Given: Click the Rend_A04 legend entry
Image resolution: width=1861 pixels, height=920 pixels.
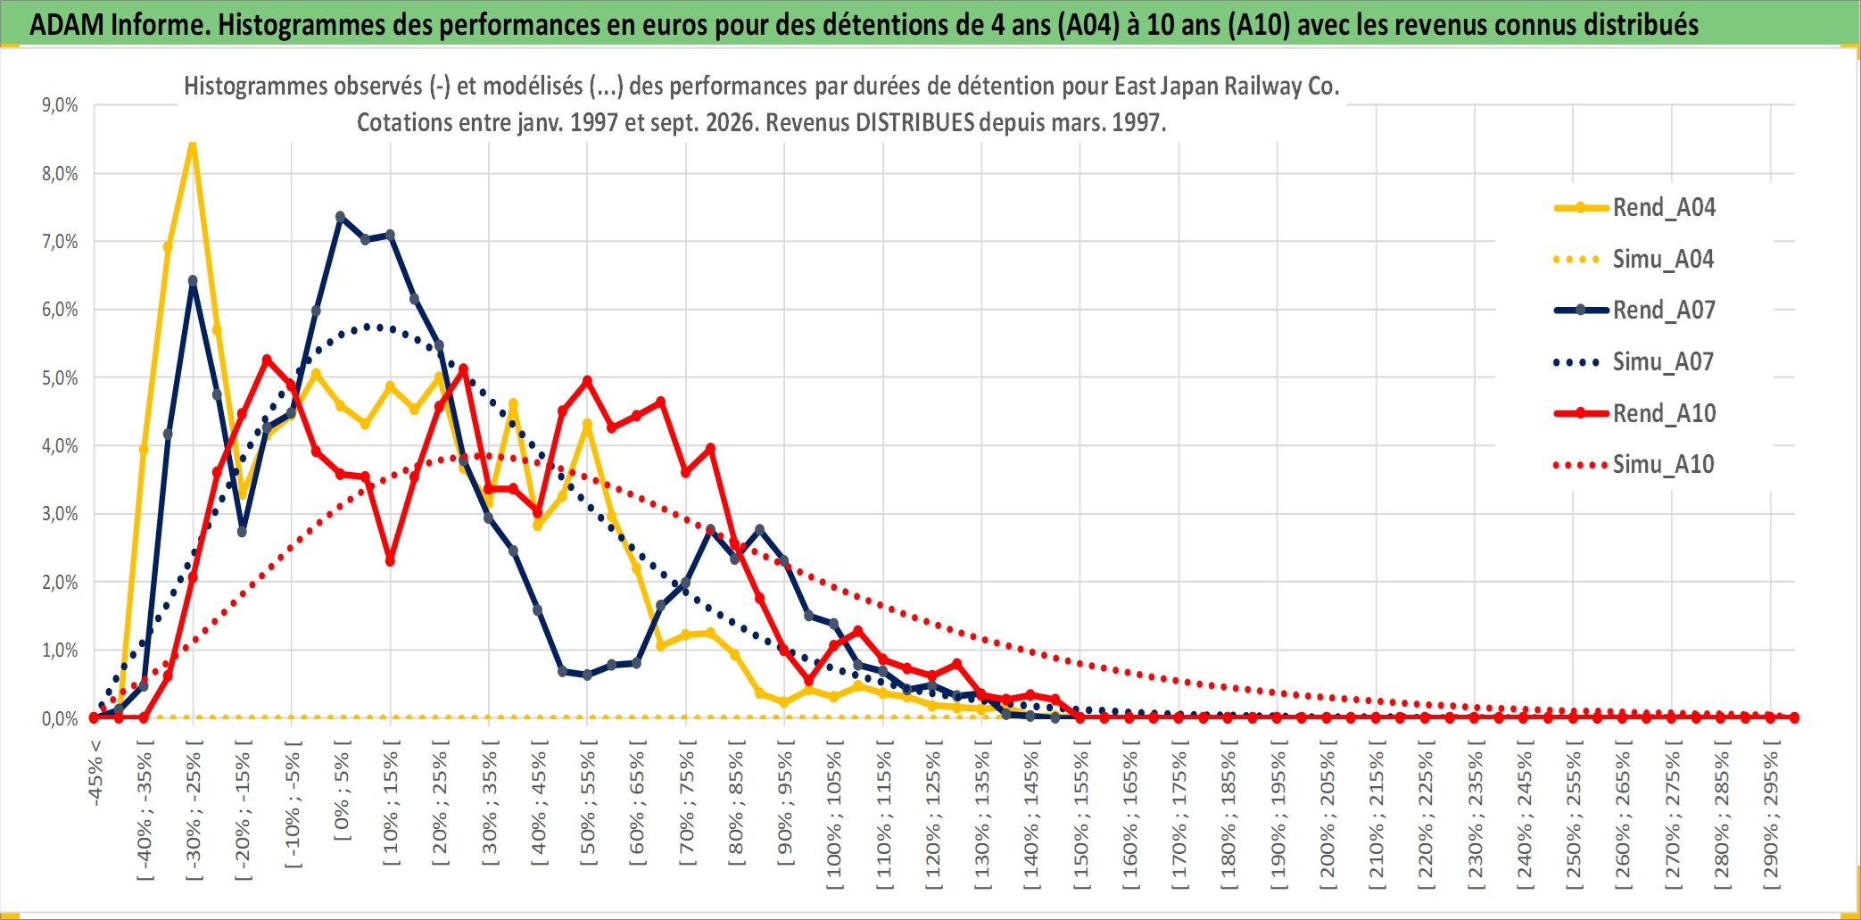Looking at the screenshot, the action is [x=1634, y=208].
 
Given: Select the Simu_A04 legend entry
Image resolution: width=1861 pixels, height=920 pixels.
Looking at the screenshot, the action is [x=1634, y=260].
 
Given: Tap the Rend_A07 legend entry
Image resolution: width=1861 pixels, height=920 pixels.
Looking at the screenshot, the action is [x=1634, y=311].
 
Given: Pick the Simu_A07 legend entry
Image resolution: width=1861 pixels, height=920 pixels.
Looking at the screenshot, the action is [x=1634, y=362].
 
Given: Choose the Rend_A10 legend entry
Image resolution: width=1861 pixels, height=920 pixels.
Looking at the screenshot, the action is [x=1634, y=413].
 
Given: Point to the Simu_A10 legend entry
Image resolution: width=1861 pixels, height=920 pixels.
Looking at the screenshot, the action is [x=1634, y=465].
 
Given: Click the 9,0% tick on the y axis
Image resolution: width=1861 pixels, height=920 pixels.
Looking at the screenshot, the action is [x=60, y=105].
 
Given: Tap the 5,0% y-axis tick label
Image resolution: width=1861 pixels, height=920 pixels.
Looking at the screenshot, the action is [x=60, y=378].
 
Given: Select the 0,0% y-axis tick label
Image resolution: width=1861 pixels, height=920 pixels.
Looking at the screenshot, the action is [x=60, y=719].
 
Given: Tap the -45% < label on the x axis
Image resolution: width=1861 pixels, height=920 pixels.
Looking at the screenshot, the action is [x=95, y=773].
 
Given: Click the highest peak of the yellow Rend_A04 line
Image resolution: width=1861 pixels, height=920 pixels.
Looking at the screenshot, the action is [x=193, y=143].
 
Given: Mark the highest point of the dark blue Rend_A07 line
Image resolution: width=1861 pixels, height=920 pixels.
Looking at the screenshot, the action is [x=340, y=217].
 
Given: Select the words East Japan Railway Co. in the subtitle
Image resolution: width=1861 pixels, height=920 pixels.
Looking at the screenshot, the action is [x=1228, y=86].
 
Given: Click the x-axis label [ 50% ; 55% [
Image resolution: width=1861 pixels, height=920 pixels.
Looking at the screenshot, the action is [x=589, y=802].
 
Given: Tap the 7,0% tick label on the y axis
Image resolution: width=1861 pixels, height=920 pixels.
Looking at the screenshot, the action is [x=60, y=242].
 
